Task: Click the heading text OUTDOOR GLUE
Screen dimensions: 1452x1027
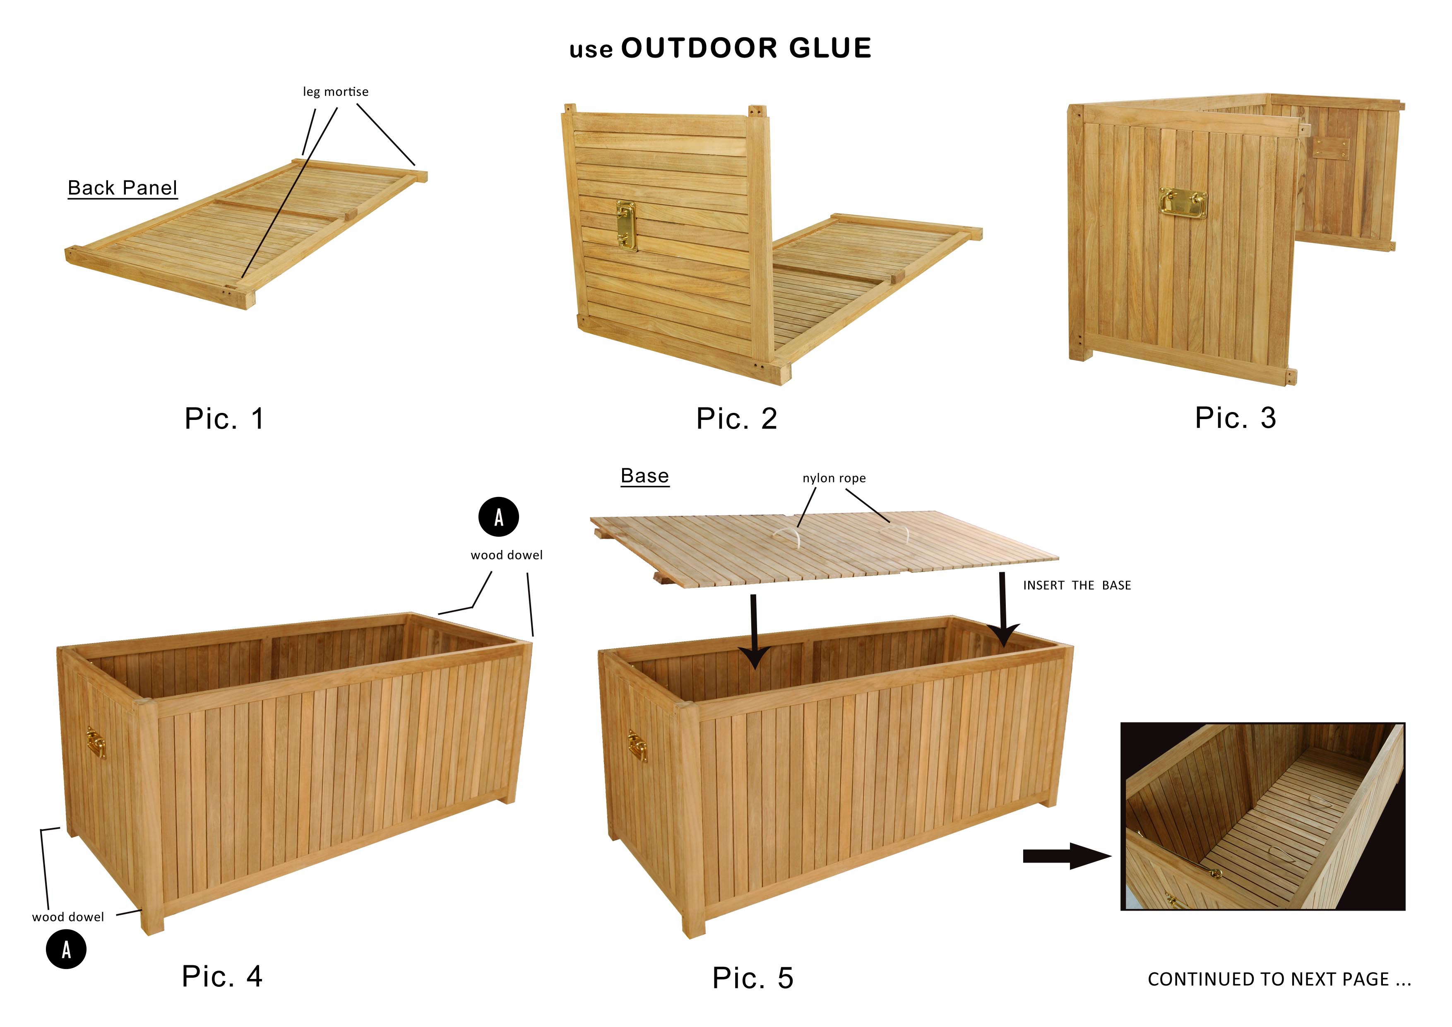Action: point(746,48)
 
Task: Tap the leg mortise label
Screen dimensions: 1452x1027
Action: point(335,92)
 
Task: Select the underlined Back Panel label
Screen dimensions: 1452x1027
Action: point(123,188)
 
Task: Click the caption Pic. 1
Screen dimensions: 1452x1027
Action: point(224,418)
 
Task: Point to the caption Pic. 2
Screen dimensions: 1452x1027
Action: point(737,418)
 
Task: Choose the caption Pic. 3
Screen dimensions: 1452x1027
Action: point(1236,418)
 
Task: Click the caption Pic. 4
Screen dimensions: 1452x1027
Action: point(222,976)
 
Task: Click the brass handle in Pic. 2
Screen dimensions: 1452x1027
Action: point(626,226)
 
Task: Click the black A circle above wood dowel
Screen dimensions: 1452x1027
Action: point(498,517)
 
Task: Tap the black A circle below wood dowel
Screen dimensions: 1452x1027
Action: point(66,949)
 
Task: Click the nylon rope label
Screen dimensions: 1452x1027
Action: point(834,478)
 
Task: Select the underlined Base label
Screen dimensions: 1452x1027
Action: point(644,476)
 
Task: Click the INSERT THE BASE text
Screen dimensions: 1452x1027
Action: point(1077,585)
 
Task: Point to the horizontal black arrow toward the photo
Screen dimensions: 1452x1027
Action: point(1067,856)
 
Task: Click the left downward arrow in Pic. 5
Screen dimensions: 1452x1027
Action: point(753,632)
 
